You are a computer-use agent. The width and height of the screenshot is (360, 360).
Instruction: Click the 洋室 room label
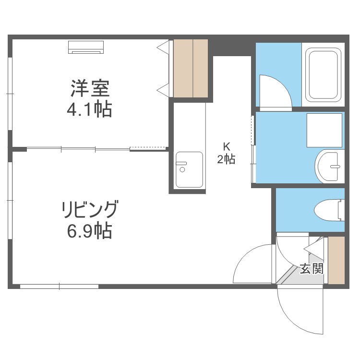pyautogui.click(x=90, y=89)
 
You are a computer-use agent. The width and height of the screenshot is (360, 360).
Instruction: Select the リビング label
pyautogui.click(x=90, y=210)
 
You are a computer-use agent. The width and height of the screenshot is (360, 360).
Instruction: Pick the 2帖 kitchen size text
pyautogui.click(x=227, y=160)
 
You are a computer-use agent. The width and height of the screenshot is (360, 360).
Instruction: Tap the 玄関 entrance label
pyautogui.click(x=312, y=268)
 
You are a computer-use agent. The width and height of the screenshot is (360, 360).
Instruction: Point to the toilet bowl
pyautogui.click(x=329, y=210)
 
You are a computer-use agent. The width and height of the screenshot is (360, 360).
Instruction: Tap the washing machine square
pyautogui.click(x=325, y=131)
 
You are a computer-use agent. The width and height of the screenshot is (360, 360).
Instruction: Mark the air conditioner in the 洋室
pyautogui.click(x=86, y=47)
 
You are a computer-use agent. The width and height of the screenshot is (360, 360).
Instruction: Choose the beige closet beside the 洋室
pyautogui.click(x=191, y=68)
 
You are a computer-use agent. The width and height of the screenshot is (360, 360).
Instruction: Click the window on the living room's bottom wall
pyautogui.click(x=59, y=287)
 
